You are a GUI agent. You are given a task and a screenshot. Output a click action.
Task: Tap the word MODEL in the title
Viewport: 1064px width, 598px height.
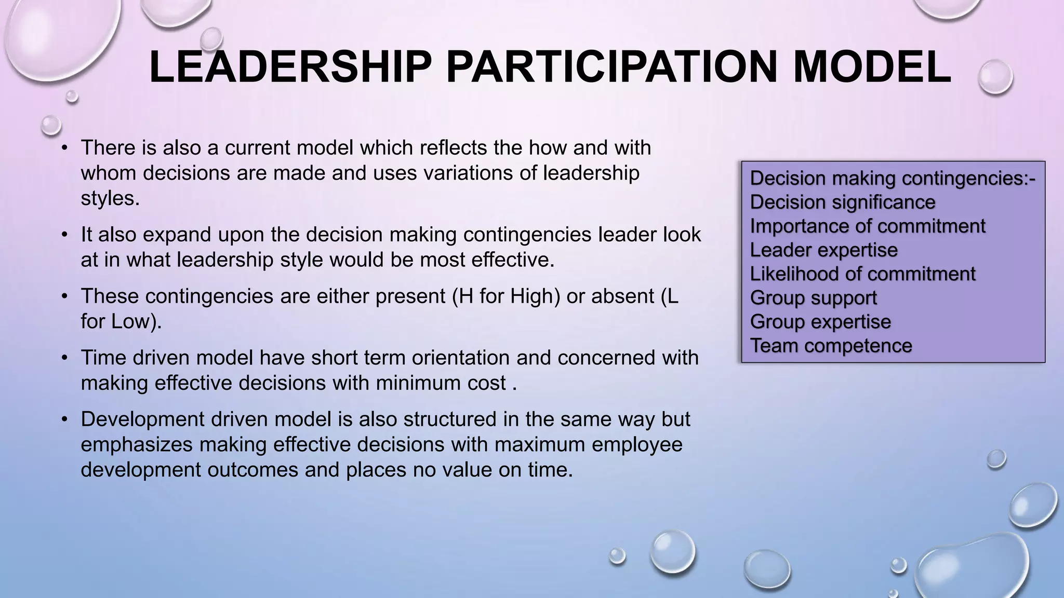[x=872, y=67]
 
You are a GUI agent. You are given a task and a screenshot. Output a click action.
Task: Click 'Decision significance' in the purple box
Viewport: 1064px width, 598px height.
[x=842, y=202]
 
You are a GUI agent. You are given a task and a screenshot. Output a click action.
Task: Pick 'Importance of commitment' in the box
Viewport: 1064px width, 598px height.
[x=867, y=226]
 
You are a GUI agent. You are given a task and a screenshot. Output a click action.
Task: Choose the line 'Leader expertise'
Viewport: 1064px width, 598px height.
[x=823, y=250]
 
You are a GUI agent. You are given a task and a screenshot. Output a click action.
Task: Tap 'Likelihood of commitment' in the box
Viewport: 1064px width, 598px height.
[x=862, y=274]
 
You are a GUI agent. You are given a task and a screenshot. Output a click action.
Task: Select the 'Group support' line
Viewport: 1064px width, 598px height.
[x=813, y=298]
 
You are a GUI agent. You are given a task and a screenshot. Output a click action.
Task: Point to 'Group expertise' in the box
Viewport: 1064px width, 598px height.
[x=820, y=322]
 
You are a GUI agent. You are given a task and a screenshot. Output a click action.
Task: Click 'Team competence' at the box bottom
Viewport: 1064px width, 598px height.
[x=831, y=346]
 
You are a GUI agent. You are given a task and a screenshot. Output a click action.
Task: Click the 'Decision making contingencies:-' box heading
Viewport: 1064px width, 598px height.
[x=892, y=179]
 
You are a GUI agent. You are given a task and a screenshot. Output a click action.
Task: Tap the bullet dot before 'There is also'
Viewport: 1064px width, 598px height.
[x=64, y=148]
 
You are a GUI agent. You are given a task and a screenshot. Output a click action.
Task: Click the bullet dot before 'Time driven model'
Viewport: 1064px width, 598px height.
[x=64, y=358]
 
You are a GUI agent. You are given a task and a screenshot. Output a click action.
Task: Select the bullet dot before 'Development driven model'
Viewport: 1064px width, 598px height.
[x=64, y=419]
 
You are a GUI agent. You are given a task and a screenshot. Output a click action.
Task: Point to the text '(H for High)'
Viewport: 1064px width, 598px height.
[x=506, y=296]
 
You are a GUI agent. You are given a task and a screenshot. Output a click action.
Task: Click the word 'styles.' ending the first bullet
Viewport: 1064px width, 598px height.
[x=110, y=198]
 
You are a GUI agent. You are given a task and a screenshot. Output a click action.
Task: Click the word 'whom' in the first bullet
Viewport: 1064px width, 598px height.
[x=108, y=173]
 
